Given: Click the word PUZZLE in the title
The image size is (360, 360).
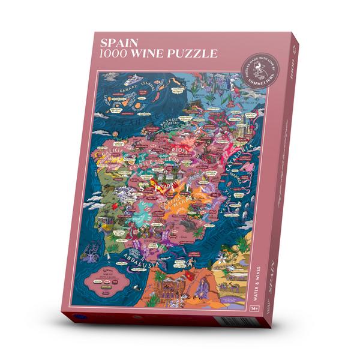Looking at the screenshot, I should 193,54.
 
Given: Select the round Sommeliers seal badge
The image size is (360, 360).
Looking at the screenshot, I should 262,71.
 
